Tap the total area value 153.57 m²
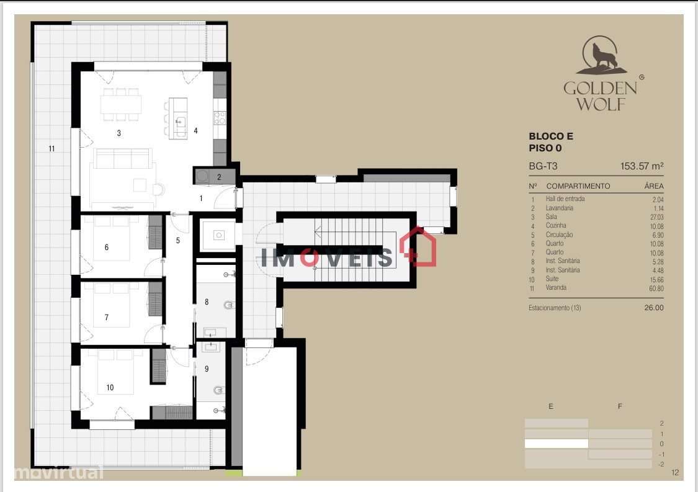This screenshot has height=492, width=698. click(642, 166)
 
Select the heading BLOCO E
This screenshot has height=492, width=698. click(551, 136)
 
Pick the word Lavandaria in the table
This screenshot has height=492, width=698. click(559, 208)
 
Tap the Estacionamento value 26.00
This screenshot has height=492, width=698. click(654, 308)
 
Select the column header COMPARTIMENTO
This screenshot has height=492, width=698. click(578, 186)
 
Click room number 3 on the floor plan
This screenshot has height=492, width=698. click(119, 133)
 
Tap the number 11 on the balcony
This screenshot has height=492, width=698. click(52, 148)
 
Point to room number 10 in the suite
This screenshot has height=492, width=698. click(110, 388)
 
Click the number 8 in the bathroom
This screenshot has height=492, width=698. click(207, 303)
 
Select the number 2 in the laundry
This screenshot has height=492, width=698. click(218, 177)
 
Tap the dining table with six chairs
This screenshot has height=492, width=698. click(121, 104)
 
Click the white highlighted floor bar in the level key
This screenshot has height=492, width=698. click(556, 444)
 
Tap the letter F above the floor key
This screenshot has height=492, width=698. click(619, 406)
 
